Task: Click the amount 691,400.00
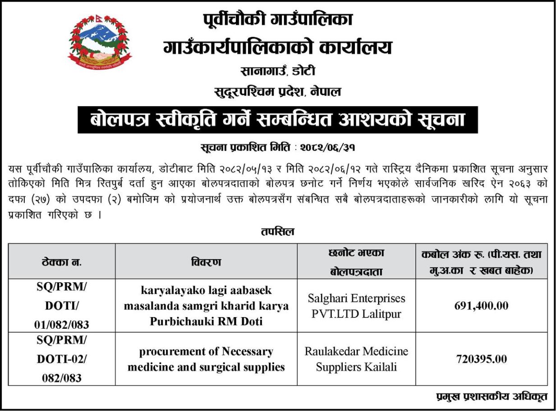tap(482, 306)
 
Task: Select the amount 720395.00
tap(482, 360)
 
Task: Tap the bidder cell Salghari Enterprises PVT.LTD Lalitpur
tap(356, 306)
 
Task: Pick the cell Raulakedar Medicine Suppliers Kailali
tap(356, 359)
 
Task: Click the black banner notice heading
tap(277, 120)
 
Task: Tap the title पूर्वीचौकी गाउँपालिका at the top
tap(277, 20)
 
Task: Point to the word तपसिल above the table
tap(277, 232)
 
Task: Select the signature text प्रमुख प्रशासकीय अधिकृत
tap(492, 397)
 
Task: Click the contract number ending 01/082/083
tap(62, 306)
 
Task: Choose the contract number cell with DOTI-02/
tap(62, 359)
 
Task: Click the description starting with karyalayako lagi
tap(206, 306)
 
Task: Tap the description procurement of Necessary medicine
tap(206, 359)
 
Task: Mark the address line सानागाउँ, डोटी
tap(277, 71)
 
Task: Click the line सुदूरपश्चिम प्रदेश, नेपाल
tap(277, 93)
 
